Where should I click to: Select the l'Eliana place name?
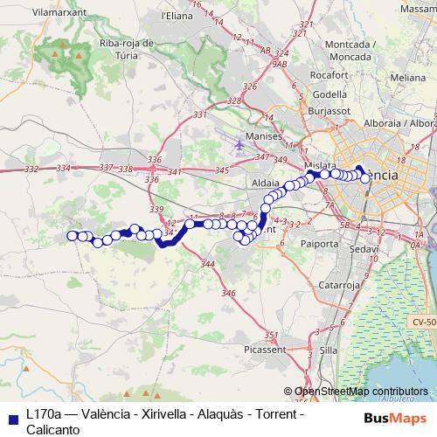(x=177, y=16)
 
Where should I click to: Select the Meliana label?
(x=408, y=77)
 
